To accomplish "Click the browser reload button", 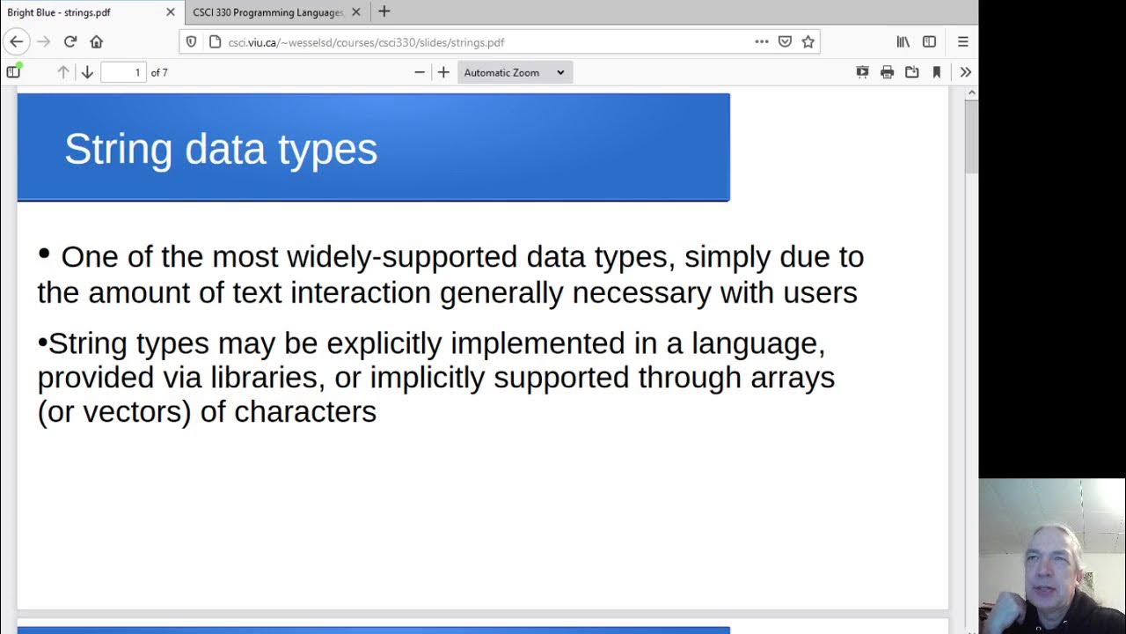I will [70, 41].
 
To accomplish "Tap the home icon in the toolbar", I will [96, 41].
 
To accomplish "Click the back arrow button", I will [17, 41].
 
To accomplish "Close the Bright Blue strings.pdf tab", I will [170, 12].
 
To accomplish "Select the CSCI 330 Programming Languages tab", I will [267, 12].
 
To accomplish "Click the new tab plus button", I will [384, 12].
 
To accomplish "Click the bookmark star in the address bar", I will [808, 41].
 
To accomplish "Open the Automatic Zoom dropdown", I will [515, 72].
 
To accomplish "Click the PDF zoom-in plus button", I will [443, 72].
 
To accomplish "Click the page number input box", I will [123, 72].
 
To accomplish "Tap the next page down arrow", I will [87, 72].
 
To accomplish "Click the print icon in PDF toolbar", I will [887, 72].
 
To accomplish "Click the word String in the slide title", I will [118, 149].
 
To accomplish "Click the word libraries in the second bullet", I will [267, 378].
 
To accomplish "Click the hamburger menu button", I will [962, 41].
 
